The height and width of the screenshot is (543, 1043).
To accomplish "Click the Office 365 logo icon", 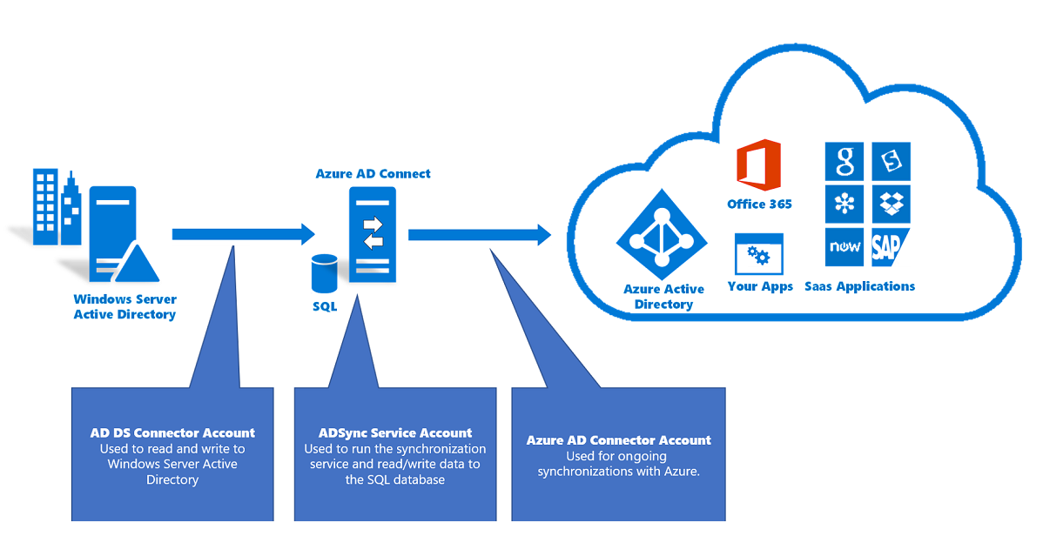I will point(758,165).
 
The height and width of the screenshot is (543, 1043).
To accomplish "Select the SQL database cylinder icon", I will point(324,274).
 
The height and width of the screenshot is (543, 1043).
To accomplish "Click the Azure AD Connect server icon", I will point(373,233).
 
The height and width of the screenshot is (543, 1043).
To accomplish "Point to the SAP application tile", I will point(890,247).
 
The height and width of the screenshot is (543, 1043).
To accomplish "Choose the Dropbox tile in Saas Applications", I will point(891,204).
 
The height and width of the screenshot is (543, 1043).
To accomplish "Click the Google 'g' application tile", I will point(844,162).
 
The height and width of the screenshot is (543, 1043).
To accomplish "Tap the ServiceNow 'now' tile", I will point(844,247).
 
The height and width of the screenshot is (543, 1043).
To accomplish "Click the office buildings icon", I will point(56,206).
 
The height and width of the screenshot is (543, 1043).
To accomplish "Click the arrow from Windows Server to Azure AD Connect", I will point(243,233).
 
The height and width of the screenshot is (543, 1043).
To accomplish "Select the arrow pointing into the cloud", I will point(480,234).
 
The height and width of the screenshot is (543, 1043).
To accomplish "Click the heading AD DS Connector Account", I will point(172,432).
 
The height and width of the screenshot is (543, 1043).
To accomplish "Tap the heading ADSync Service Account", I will point(395,432).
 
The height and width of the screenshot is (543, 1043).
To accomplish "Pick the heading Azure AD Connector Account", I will point(618,440).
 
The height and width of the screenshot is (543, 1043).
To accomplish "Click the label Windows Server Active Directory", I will point(124,306).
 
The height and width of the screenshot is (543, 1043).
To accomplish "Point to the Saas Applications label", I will point(859,286).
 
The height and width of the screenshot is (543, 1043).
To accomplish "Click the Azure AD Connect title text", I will point(373,173).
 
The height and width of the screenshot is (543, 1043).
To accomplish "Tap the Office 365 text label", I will point(759,204).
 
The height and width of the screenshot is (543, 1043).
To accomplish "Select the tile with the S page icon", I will point(891,162).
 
